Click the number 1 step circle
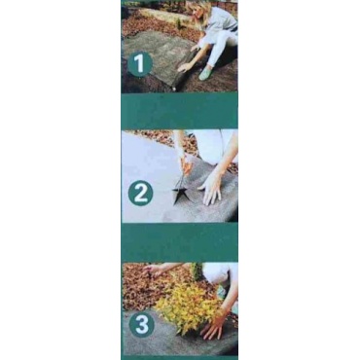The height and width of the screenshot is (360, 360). pyautogui.click(x=140, y=63)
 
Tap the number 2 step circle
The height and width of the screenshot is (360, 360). pyautogui.click(x=140, y=194)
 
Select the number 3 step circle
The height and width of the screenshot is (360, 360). pyautogui.click(x=141, y=324)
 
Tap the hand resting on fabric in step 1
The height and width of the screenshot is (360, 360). pyautogui.click(x=185, y=66)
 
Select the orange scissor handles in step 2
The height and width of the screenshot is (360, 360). pyautogui.click(x=187, y=166)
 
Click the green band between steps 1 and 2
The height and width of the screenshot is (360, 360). pyautogui.click(x=179, y=111)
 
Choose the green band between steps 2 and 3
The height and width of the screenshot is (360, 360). pyautogui.click(x=179, y=242)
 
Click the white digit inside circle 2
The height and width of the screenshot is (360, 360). pyautogui.click(x=140, y=194)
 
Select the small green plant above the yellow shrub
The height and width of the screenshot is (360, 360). pyautogui.click(x=196, y=271)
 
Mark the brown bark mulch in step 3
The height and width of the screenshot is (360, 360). pyautogui.click(x=143, y=289)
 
